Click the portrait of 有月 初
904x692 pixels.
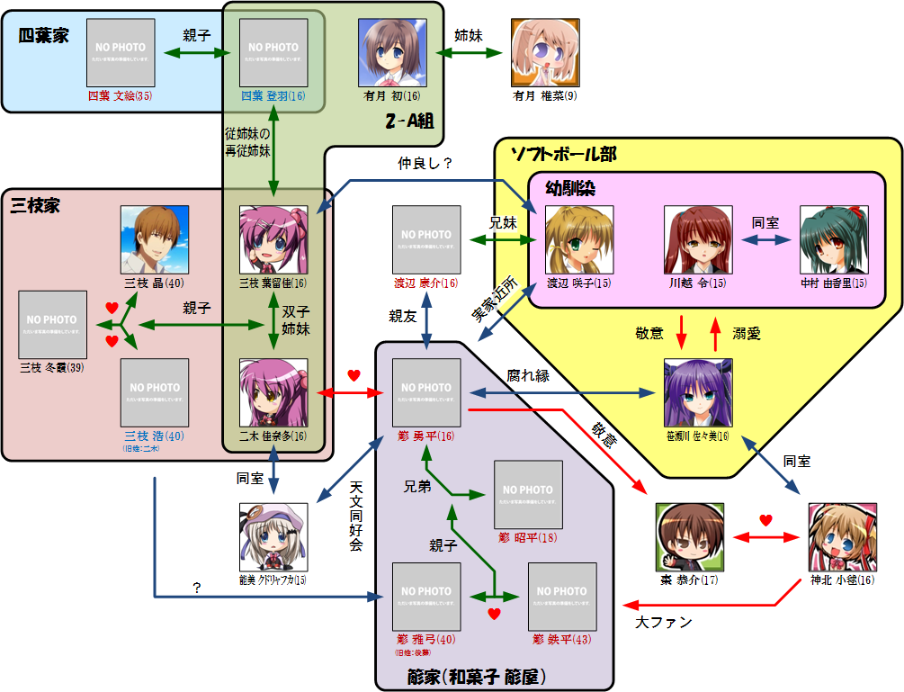click(x=392, y=53)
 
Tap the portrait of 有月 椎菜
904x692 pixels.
click(x=545, y=53)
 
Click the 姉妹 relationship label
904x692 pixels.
click(x=468, y=36)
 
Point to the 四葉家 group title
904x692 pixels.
click(x=43, y=36)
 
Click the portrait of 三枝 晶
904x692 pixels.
click(x=155, y=239)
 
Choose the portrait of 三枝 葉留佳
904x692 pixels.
click(x=273, y=240)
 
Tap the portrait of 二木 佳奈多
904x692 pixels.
click(x=273, y=392)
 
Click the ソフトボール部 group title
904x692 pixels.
click(x=563, y=154)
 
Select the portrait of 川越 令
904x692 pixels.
click(x=698, y=240)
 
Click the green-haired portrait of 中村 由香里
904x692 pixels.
click(x=834, y=240)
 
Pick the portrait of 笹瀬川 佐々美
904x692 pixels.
click(x=698, y=392)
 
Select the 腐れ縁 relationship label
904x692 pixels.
click(x=527, y=376)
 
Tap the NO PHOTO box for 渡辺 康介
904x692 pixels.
click(x=426, y=240)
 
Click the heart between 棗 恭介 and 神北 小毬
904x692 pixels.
click(x=765, y=520)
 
